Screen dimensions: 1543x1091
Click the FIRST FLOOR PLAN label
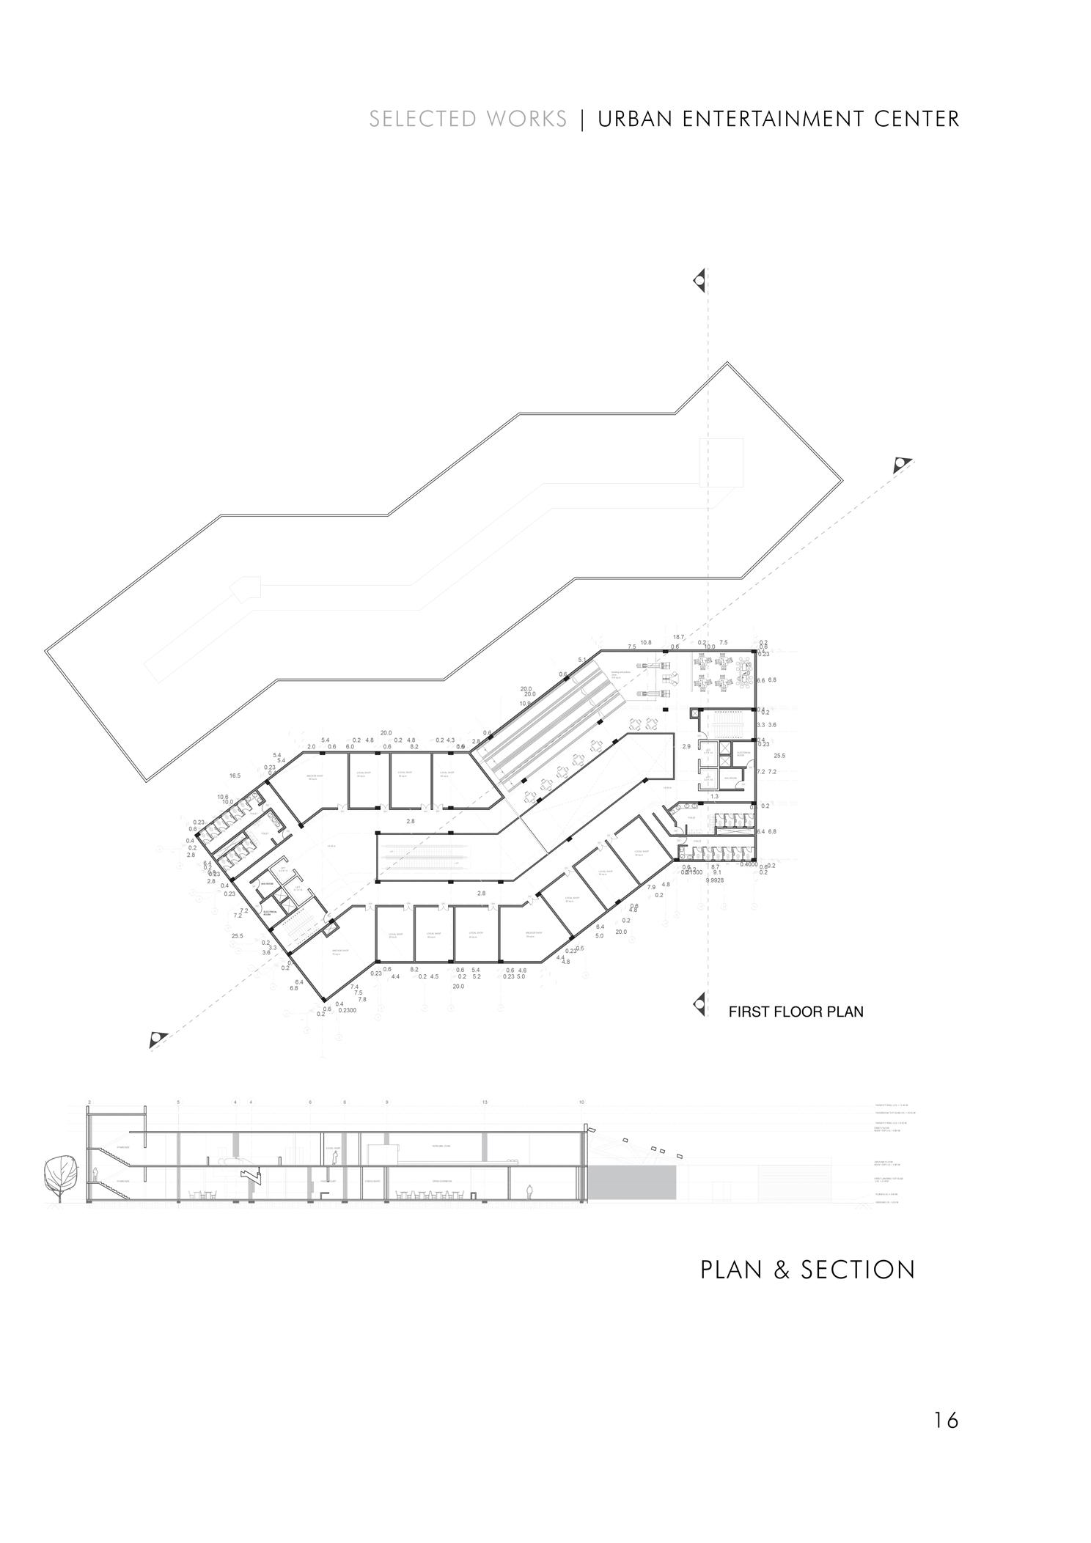click(796, 1012)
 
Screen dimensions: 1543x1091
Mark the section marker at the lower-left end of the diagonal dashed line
click(158, 1039)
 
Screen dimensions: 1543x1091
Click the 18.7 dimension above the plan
click(678, 637)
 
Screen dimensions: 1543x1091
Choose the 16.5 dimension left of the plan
click(235, 776)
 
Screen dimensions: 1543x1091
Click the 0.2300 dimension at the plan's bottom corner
click(348, 1010)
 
